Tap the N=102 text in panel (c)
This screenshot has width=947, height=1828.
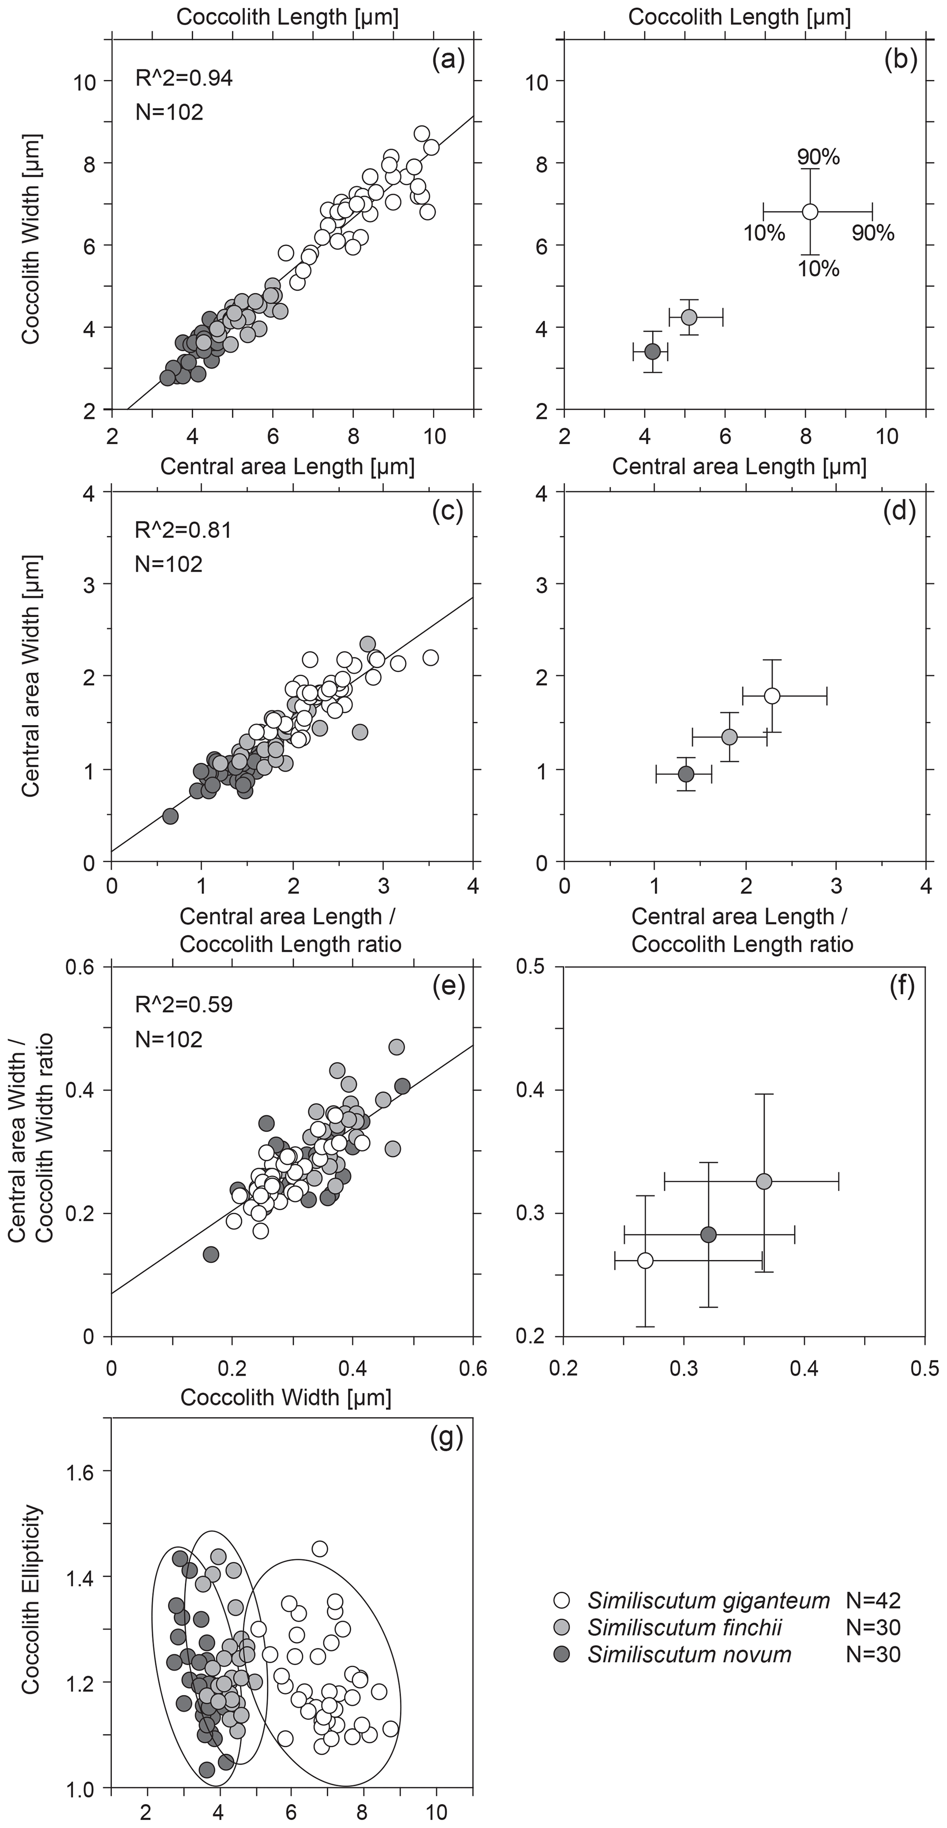[x=169, y=564]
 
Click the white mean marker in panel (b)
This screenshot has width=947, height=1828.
[x=810, y=211]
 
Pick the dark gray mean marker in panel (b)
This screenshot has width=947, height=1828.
[x=652, y=351]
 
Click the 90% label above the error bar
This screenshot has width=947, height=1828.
[x=818, y=157]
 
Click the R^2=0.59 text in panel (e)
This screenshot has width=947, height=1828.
[x=184, y=1004]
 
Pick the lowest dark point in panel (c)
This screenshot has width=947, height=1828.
[x=170, y=816]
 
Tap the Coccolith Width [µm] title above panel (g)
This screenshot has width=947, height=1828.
[x=286, y=1397]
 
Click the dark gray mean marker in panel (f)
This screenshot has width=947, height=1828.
[x=708, y=1235]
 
